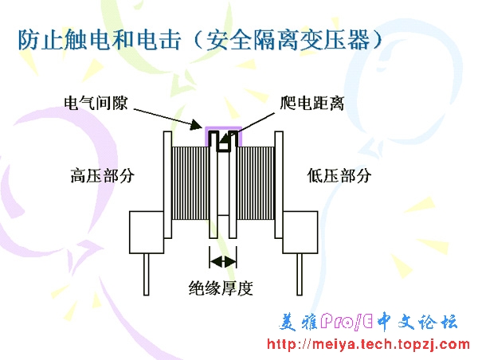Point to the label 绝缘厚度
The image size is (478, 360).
click(221, 288)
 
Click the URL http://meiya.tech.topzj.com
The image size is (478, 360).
click(367, 344)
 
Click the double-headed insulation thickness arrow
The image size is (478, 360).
click(223, 260)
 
